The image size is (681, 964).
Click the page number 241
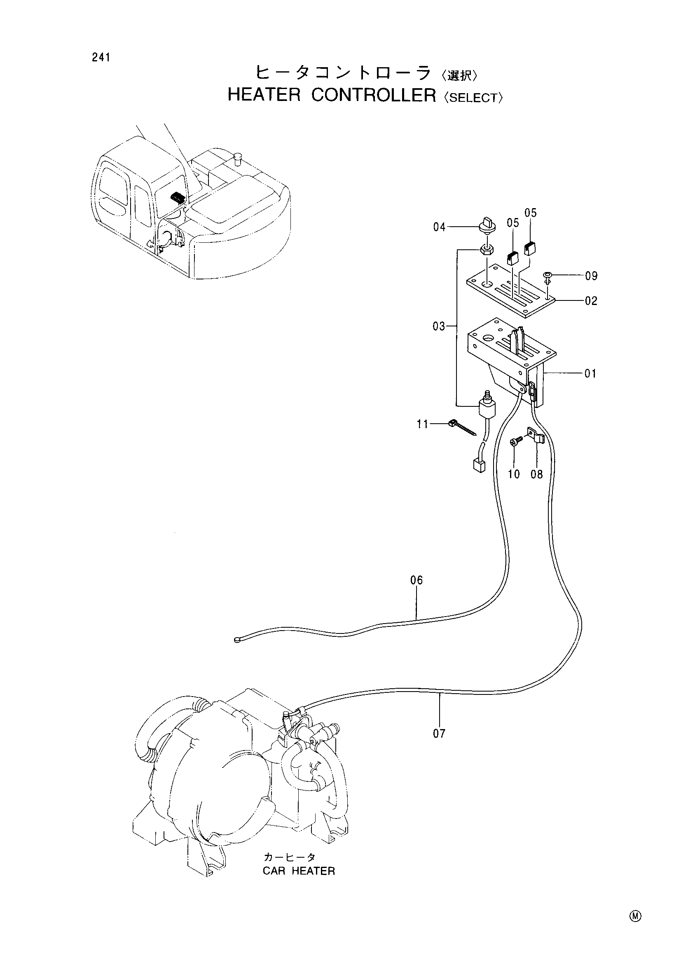tap(101, 58)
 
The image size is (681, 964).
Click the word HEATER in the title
tap(264, 95)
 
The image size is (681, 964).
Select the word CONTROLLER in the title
tap(374, 95)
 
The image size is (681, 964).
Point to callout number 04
tap(439, 227)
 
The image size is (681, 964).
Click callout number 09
tap(591, 276)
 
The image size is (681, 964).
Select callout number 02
tap(591, 300)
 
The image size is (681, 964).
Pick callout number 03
tap(439, 326)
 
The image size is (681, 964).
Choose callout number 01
tap(590, 373)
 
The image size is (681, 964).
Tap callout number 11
tap(422, 425)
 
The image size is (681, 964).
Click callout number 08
tap(537, 474)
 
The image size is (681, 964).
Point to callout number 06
tap(417, 580)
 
